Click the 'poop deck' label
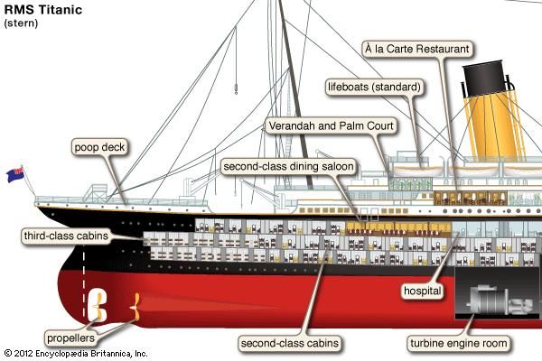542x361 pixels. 99,147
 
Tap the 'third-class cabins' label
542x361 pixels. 66,236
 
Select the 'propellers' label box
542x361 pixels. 70,338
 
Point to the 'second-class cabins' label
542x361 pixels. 290,343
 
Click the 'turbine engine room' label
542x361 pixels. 459,343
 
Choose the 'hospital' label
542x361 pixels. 423,291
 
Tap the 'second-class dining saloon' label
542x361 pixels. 289,166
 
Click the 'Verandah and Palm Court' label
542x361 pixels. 332,125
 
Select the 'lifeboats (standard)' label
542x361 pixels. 374,87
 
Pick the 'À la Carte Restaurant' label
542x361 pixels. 417,49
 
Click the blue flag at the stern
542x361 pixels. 15,174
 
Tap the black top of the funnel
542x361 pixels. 484,79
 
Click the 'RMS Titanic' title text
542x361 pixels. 43,9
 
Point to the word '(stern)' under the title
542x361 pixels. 21,23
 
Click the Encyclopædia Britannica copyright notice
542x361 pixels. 76,354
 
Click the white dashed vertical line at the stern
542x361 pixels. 84,282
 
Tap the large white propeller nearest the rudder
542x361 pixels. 98,305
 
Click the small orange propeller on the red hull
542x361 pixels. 135,307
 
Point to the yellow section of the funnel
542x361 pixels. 495,128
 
